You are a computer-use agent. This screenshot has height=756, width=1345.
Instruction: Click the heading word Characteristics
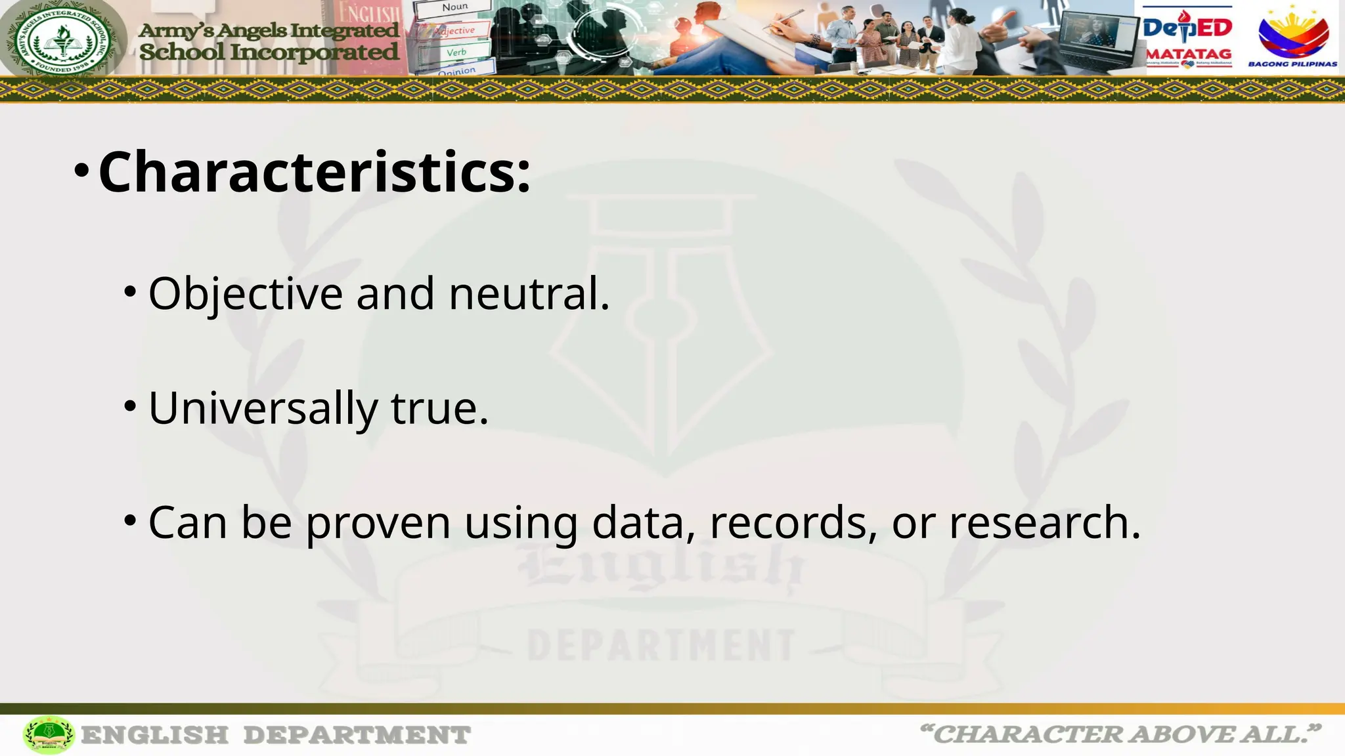click(x=314, y=172)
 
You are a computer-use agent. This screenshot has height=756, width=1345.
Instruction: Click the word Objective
click(x=246, y=293)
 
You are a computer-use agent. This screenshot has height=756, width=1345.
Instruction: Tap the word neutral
click(x=529, y=293)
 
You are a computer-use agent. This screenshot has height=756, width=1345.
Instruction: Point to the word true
click(x=439, y=408)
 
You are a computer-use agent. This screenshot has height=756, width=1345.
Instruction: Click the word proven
click(x=378, y=523)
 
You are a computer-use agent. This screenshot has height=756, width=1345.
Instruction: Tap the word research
click(x=1044, y=523)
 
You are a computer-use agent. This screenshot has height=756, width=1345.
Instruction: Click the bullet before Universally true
click(x=130, y=406)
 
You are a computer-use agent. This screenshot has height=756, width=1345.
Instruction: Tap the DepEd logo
click(x=1187, y=28)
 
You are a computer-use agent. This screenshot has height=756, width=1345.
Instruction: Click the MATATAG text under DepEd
click(x=1189, y=54)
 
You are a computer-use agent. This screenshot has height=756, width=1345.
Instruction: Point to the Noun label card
click(x=454, y=8)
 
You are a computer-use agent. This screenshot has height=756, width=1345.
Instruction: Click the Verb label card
click(x=456, y=52)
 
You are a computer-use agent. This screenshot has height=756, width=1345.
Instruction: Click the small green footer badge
click(x=49, y=734)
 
